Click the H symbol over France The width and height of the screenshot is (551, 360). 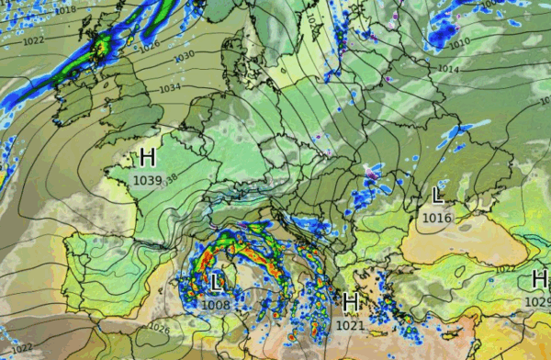(x=148, y=156)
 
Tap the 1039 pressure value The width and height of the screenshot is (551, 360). (x=147, y=179)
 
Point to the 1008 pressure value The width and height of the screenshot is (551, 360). (x=217, y=305)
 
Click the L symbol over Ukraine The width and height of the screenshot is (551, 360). (x=438, y=195)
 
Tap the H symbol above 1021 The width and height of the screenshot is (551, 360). (x=349, y=301)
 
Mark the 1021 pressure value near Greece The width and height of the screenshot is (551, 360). (x=349, y=324)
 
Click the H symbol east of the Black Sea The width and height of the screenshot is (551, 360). (x=539, y=280)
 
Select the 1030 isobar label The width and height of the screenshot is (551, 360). (x=185, y=55)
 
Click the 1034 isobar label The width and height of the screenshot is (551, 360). (x=169, y=89)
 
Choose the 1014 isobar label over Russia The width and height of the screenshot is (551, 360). (x=447, y=69)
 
